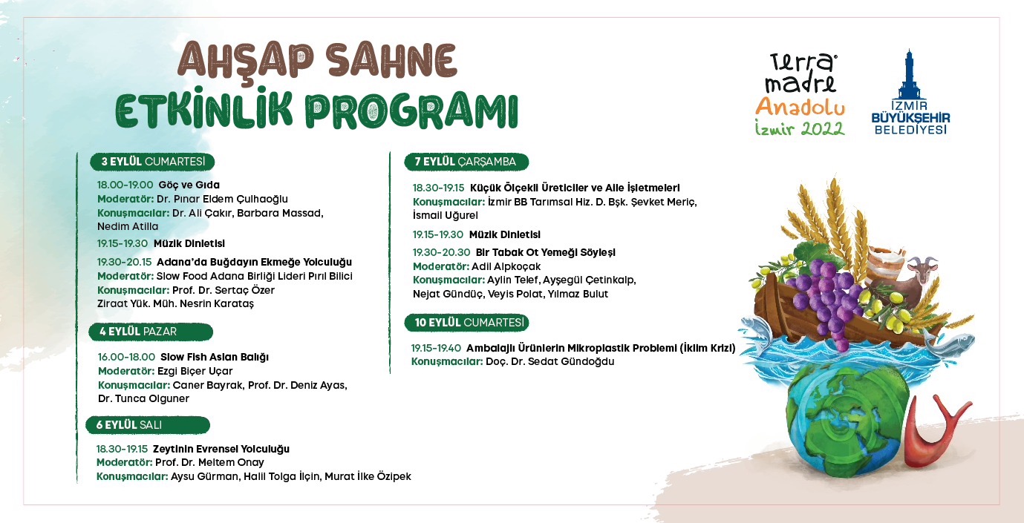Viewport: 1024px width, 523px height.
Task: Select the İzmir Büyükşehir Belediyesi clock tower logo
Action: [910, 93]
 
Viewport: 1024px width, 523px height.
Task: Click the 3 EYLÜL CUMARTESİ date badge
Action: [151, 162]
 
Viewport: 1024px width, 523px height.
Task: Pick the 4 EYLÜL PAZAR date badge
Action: [149, 332]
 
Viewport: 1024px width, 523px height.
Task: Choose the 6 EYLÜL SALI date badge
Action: [147, 424]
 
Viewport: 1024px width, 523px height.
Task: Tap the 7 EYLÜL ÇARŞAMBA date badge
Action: [465, 162]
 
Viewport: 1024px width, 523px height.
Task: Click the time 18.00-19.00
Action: [125, 185]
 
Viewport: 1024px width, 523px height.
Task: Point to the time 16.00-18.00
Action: [126, 357]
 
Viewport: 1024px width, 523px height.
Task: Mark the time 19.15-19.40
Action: [436, 348]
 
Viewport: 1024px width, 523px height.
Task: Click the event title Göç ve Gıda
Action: [189, 185]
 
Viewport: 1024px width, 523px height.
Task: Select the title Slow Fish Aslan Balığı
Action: [214, 357]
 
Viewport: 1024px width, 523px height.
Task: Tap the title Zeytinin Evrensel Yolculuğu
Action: [221, 449]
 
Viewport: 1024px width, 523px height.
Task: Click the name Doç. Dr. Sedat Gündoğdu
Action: [549, 361]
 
